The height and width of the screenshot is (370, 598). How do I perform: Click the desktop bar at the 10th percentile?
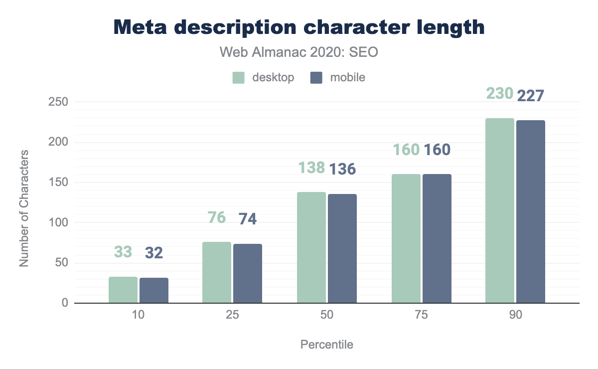123,290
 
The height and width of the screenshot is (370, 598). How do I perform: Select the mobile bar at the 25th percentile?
248,273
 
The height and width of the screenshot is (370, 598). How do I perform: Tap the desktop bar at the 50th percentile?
311,247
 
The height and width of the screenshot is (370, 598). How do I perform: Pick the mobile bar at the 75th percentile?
437,238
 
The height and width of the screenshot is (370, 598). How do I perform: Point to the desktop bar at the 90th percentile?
500,210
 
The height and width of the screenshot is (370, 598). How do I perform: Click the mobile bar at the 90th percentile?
531,211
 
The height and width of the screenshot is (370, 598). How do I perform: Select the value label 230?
499,93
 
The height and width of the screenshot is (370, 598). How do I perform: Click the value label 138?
312,168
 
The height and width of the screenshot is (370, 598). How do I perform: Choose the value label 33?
123,252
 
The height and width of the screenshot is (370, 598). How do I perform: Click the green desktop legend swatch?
239,78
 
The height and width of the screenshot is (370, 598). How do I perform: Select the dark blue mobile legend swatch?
316,78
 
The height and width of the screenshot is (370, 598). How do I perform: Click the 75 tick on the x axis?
422,316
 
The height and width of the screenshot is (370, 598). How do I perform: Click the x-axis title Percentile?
327,345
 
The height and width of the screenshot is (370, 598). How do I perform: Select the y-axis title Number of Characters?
24,207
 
